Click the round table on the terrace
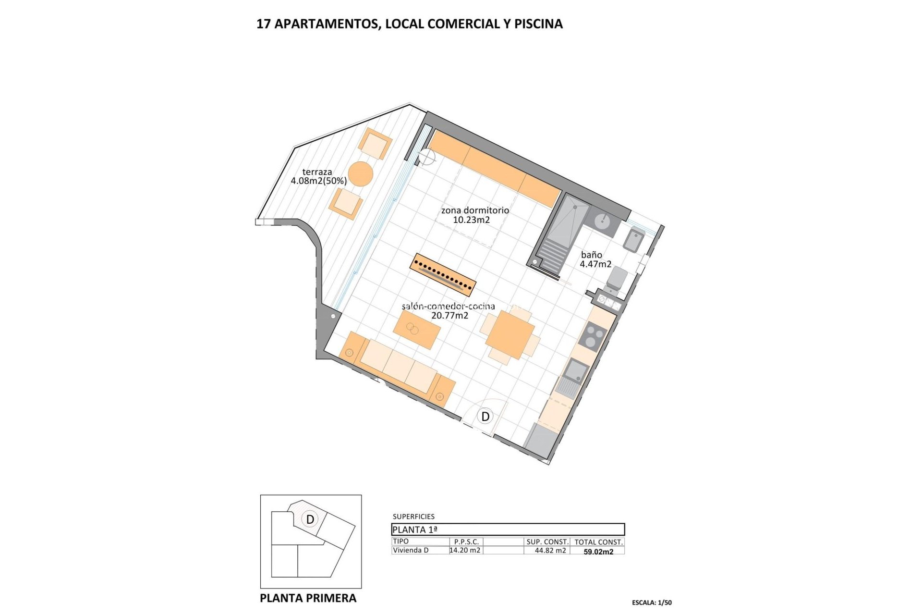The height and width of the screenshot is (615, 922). (360, 173)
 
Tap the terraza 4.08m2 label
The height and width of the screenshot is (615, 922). (318, 176)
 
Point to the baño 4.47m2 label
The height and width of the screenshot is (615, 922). (595, 259)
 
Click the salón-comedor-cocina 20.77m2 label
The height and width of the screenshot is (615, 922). (449, 311)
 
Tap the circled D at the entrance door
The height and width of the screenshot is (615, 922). (485, 417)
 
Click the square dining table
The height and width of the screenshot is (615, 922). (510, 335)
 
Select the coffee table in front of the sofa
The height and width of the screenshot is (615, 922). (417, 330)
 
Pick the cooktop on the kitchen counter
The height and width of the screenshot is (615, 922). (593, 335)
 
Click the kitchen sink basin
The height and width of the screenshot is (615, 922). (576, 370)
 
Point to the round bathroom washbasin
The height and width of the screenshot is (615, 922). (602, 221)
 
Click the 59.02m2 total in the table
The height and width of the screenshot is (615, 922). (598, 552)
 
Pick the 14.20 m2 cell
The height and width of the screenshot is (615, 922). (465, 551)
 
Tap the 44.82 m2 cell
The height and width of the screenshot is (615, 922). (550, 551)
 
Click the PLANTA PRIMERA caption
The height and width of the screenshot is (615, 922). (308, 598)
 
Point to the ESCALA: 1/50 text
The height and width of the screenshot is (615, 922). (652, 603)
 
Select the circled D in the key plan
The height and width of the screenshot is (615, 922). (310, 519)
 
